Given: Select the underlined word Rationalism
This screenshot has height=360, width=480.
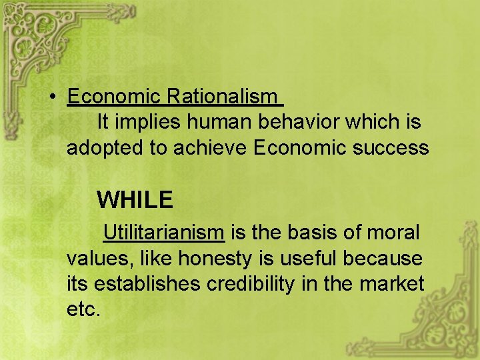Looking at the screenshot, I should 221,97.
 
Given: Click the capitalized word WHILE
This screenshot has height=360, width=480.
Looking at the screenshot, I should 135,199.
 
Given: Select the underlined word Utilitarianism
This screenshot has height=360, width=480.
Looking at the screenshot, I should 164,233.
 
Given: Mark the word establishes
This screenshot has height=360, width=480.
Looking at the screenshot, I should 148,283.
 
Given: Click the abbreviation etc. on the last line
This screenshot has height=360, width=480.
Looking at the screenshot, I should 83,309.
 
